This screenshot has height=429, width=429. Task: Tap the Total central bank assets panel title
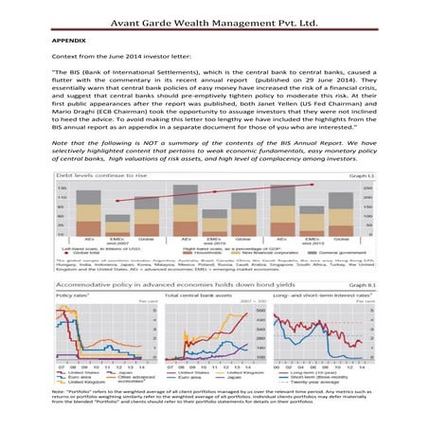point(194,295)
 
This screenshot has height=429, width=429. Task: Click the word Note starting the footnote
point(59,390)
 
